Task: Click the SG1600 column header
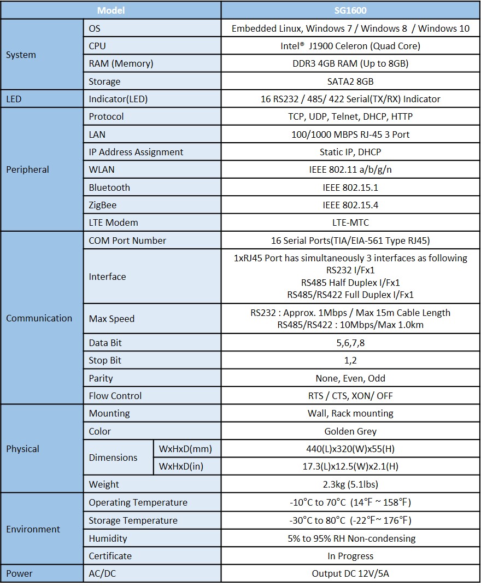(350, 10)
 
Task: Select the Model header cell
(111, 10)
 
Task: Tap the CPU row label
(98, 46)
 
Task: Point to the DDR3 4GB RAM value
(350, 63)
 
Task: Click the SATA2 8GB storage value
(350, 81)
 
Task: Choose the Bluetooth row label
(109, 187)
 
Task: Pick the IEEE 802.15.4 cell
(350, 205)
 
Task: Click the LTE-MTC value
(350, 222)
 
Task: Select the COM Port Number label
(127, 241)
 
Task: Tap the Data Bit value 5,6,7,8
(350, 343)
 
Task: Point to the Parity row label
(101, 378)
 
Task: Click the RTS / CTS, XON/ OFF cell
(350, 396)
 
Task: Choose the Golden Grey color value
(350, 431)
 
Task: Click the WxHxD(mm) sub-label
(185, 449)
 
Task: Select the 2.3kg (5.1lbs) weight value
(350, 484)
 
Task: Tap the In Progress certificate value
(350, 556)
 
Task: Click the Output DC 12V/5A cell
(350, 573)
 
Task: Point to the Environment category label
(33, 529)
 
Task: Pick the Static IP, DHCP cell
(350, 152)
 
